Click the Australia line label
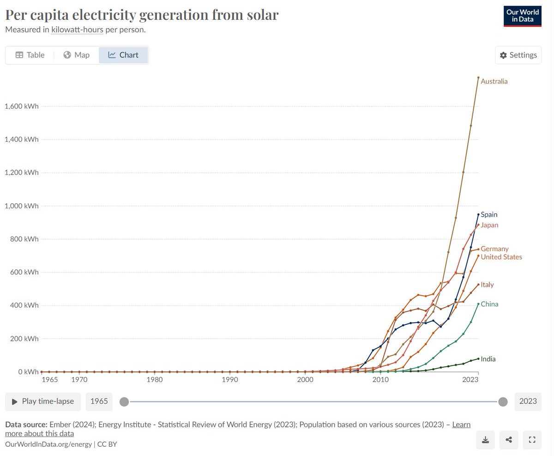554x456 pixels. tap(494, 81)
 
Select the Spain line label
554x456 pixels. tap(488, 214)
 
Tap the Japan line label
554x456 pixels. tap(489, 225)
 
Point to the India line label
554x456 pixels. tap(488, 359)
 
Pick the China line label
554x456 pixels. tap(489, 304)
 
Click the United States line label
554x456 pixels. tap(501, 257)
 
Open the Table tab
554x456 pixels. tap(30, 55)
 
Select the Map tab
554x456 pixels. tap(77, 55)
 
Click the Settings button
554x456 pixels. tap(518, 55)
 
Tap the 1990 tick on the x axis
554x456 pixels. tap(229, 380)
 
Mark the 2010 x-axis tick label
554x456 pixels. tap(380, 380)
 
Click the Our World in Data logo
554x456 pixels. tap(522, 16)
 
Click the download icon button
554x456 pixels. tap(485, 440)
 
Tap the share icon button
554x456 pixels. tap(509, 440)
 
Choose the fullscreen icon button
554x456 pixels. tap(532, 440)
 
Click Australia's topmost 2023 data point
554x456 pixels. tap(478, 78)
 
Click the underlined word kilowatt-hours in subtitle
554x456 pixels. tap(77, 30)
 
